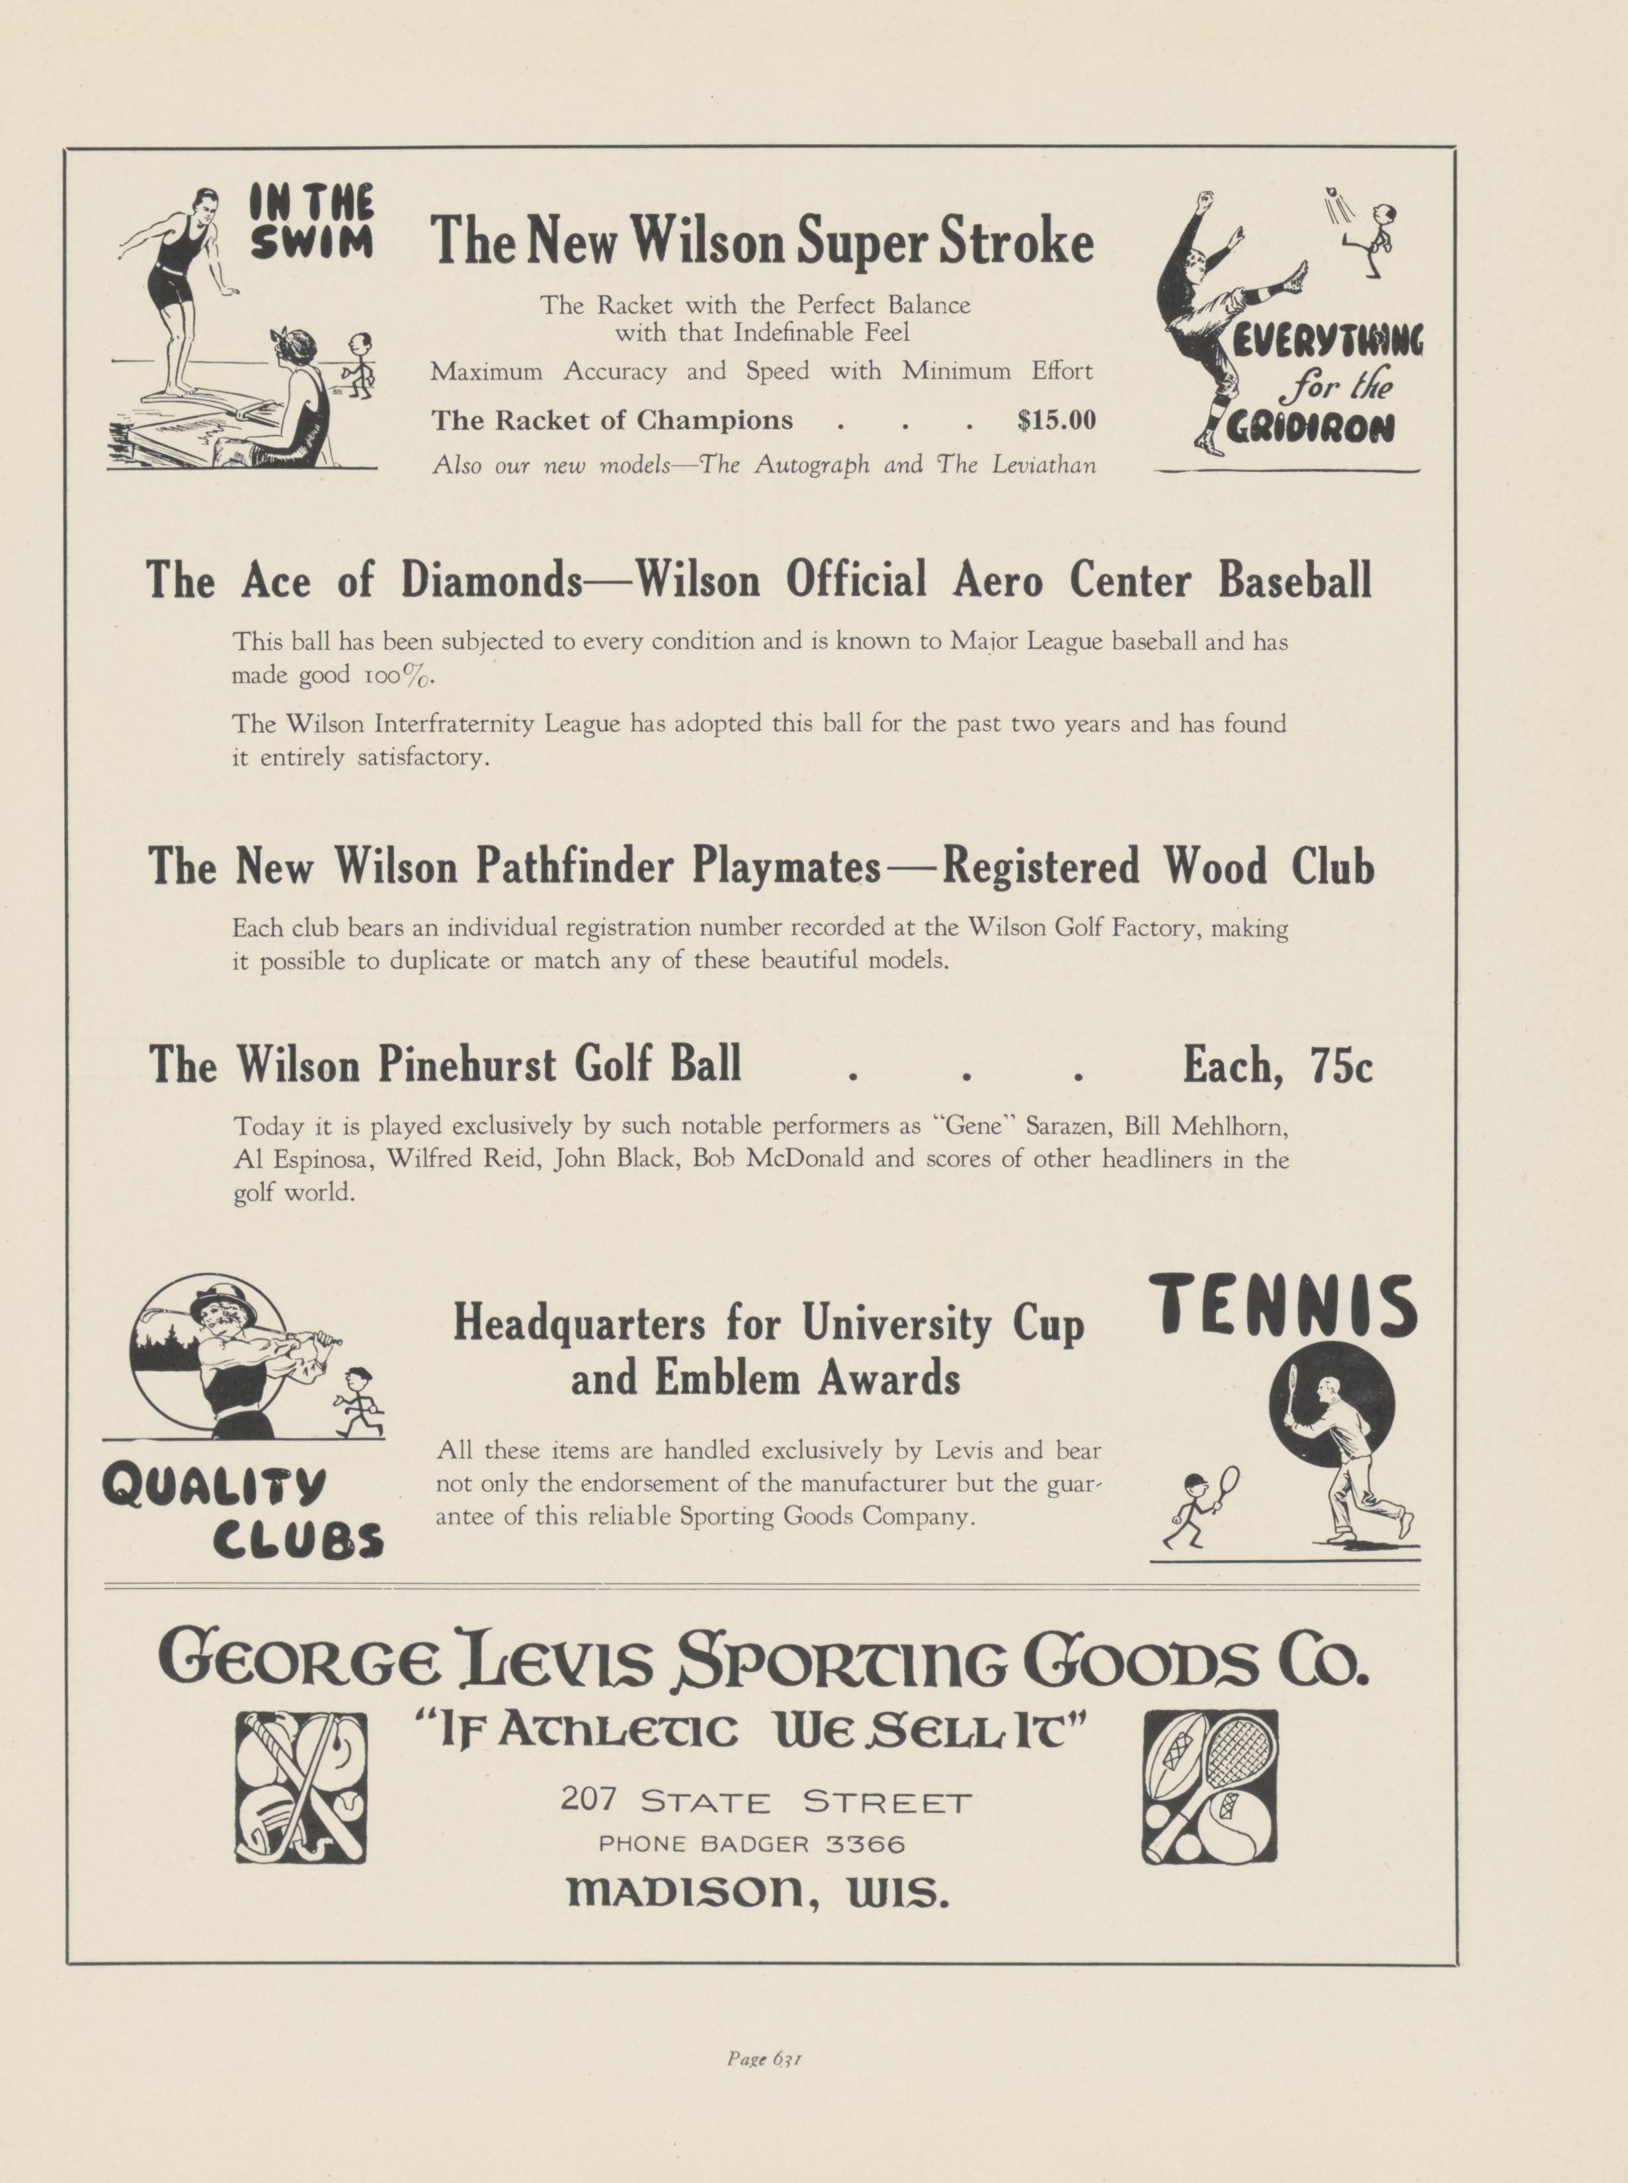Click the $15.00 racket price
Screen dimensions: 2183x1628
click(1055, 421)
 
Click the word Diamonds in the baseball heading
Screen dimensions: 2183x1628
click(491, 581)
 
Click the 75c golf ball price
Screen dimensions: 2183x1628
click(1340, 1065)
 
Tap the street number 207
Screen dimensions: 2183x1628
click(589, 1799)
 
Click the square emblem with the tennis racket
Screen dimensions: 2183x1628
click(1209, 1786)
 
